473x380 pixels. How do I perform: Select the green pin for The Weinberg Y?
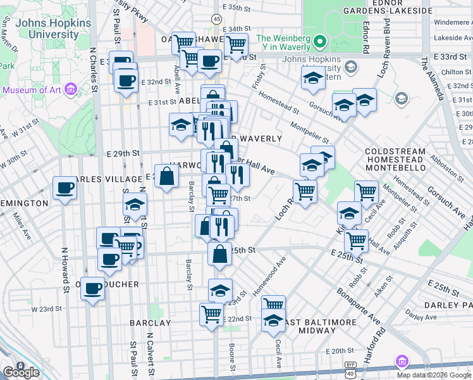click(320, 43)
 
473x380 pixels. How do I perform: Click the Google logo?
click(21, 372)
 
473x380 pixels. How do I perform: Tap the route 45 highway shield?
click(217, 20)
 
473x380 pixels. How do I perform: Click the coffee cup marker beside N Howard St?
click(64, 188)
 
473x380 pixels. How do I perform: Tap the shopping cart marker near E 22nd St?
click(211, 313)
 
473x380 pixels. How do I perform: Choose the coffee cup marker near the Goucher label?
click(93, 288)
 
